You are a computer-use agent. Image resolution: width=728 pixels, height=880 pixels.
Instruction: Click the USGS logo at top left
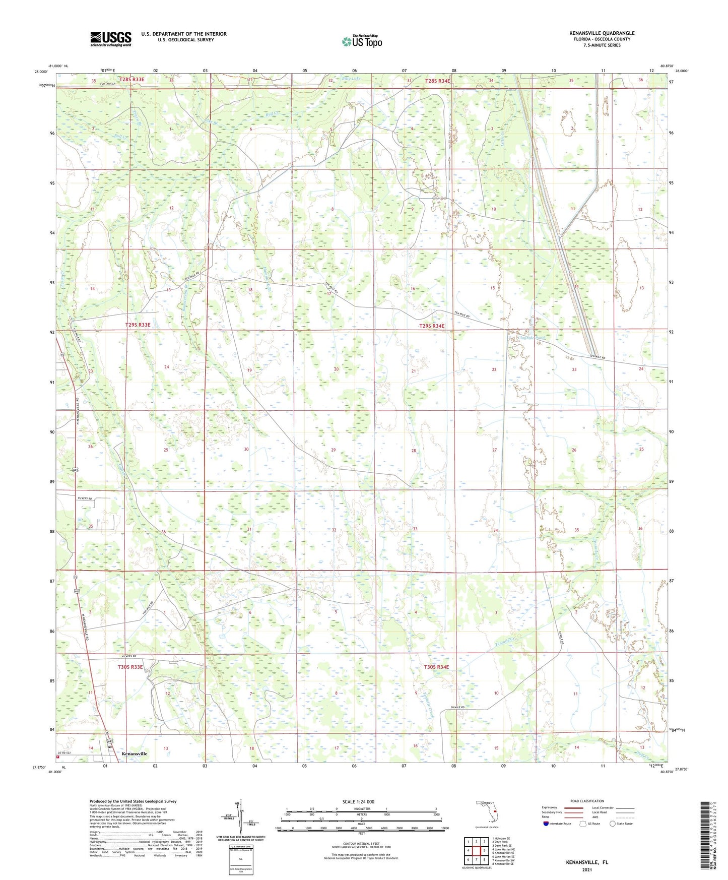[110, 39]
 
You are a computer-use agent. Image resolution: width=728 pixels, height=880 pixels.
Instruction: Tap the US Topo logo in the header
[361, 41]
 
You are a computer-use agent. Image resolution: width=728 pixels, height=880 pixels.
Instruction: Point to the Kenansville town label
[135, 753]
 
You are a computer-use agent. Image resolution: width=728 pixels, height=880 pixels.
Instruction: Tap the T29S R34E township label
[432, 326]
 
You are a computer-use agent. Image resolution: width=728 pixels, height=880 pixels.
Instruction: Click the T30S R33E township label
[130, 667]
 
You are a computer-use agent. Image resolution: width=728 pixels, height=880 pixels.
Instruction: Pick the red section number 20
[336, 369]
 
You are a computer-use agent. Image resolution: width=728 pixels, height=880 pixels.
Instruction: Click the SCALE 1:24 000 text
[358, 801]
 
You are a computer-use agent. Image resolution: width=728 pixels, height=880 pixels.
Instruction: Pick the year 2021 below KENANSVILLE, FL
[586, 869]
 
